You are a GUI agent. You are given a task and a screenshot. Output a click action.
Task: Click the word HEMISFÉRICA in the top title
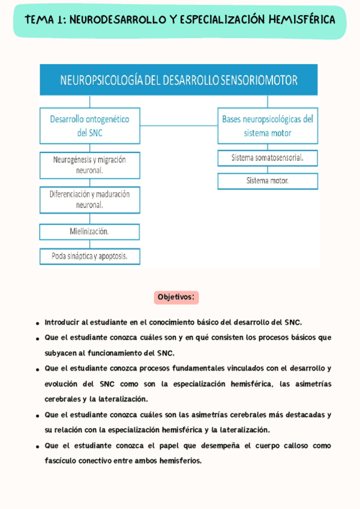point(302,20)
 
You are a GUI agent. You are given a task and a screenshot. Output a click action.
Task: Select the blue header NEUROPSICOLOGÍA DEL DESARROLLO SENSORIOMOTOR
point(179,80)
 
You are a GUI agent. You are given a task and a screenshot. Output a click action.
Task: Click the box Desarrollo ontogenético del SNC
point(90,126)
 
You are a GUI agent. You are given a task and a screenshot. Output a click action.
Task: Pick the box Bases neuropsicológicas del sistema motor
point(268,126)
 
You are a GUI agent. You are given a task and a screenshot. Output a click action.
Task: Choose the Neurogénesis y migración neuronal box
point(90,165)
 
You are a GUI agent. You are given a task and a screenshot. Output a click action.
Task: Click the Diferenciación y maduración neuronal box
point(90,199)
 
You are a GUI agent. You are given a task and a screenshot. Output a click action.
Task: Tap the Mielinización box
point(90,231)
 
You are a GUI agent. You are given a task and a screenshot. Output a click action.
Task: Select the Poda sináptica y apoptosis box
point(90,256)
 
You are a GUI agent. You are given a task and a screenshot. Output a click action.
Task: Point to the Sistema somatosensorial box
point(268,158)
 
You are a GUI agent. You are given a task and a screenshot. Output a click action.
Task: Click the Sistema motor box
point(268,181)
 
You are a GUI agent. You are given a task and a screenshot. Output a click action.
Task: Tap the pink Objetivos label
point(176,297)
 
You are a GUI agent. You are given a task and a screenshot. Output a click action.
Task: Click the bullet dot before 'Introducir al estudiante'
point(38,323)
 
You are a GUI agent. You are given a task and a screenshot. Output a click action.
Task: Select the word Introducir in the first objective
point(62,322)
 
